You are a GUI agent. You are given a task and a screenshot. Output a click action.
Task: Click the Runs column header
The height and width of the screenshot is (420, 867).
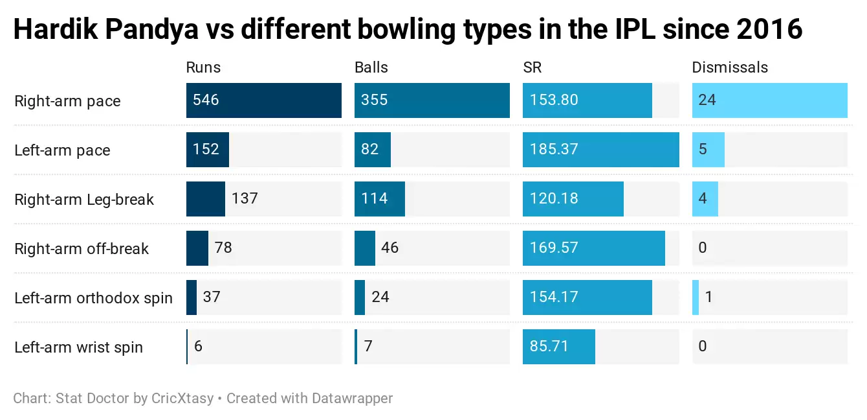pyautogui.click(x=203, y=67)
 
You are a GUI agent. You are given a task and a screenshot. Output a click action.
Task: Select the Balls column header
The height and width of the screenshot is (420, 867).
pyautogui.click(x=371, y=67)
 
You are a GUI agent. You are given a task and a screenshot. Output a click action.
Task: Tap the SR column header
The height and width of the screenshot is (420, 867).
pyautogui.click(x=532, y=67)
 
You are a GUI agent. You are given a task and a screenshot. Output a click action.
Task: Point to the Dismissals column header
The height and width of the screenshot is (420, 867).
pyautogui.click(x=730, y=67)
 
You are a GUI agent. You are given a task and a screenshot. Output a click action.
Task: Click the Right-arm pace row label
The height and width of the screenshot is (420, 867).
pyautogui.click(x=67, y=101)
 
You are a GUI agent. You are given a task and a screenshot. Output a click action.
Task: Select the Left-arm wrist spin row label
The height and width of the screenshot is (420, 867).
pyautogui.click(x=78, y=347)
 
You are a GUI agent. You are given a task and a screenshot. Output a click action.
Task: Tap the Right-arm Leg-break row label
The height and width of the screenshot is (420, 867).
pyautogui.click(x=84, y=200)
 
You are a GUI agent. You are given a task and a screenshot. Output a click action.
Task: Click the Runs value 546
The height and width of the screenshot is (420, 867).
pyautogui.click(x=206, y=100)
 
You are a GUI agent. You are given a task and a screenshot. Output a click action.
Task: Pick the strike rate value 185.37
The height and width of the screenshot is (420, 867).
pyautogui.click(x=554, y=150)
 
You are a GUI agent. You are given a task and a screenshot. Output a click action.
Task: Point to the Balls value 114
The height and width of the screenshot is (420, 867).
pyautogui.click(x=375, y=199)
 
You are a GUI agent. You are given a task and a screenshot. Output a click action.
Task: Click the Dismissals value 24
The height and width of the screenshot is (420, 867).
pyautogui.click(x=707, y=100)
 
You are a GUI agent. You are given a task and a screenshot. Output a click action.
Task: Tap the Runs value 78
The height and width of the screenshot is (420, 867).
pyautogui.click(x=223, y=248)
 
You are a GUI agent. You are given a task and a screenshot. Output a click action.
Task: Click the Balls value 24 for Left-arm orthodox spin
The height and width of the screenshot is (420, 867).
pyautogui.click(x=380, y=297)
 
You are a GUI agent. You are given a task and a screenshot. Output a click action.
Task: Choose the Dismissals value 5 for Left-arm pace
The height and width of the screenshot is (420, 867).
pyautogui.click(x=703, y=150)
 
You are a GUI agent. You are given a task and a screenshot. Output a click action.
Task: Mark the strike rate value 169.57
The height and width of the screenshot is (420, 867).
pyautogui.click(x=554, y=248)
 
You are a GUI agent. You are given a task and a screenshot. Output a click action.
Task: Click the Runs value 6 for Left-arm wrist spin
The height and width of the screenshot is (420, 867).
pyautogui.click(x=198, y=347)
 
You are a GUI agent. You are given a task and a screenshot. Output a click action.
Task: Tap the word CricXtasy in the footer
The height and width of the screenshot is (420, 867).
pyautogui.click(x=182, y=398)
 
